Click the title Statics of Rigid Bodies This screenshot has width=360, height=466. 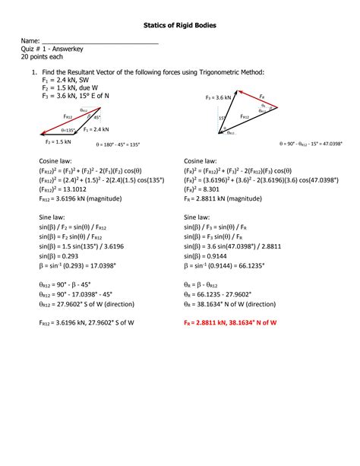pyautogui.click(x=180, y=26)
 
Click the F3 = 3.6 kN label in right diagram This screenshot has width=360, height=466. pyautogui.click(x=219, y=98)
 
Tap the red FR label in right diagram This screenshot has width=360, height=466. pyautogui.click(x=261, y=97)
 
